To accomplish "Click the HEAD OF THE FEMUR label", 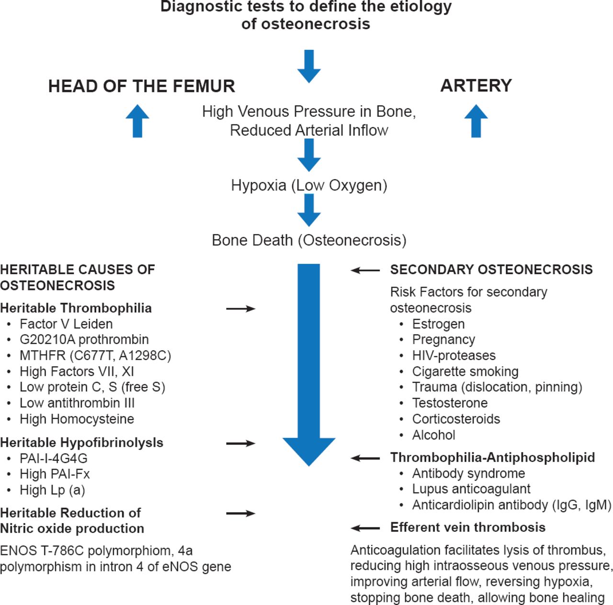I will point(142,86).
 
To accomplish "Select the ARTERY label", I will point(476,85).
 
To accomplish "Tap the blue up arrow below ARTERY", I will point(476,121).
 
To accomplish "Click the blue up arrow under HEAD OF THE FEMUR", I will point(137,121).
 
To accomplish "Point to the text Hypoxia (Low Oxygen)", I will point(309,185).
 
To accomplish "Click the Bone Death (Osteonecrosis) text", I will point(309,240).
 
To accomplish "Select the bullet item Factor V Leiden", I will point(66,324).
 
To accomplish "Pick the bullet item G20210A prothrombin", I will point(84,339).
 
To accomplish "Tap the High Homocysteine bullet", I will point(77,419).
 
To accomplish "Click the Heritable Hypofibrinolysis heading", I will point(82,442).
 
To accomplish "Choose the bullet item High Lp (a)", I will point(52,490).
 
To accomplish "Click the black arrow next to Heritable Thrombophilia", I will point(240,309).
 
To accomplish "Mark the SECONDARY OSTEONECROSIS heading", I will point(491,269).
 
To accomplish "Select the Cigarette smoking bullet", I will point(465,371).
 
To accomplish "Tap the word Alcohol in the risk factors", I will point(433,435).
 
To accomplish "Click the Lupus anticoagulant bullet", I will point(471,489).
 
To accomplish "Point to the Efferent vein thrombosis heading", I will point(468,527).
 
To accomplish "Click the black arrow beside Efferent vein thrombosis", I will point(365,528).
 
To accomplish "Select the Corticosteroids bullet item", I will point(456,419).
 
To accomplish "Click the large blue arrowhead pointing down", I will point(309,450).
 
